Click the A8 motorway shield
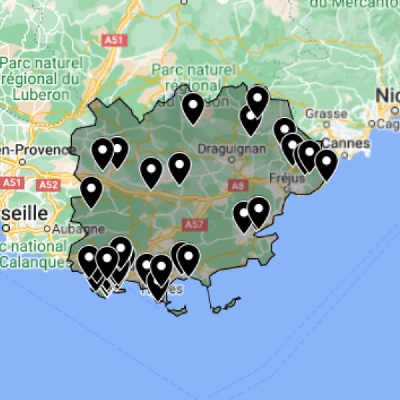[238, 185]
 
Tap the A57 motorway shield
[194, 224]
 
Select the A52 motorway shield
[48, 185]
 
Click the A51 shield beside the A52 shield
[12, 183]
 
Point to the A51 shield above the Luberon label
[114, 40]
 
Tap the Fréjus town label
[287, 178]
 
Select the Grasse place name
[326, 114]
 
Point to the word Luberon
[41, 95]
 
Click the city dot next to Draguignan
[231, 160]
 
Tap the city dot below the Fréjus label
[287, 188]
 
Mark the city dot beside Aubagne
[47, 229]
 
